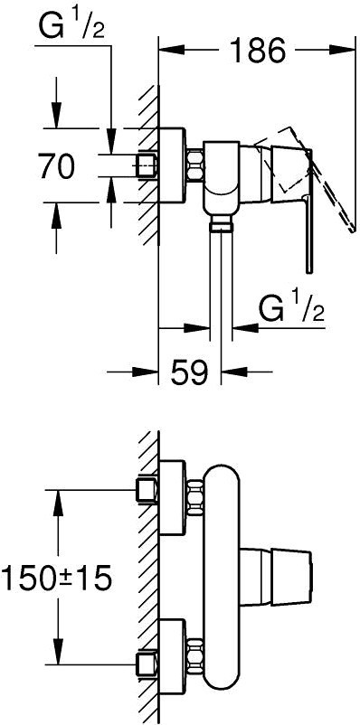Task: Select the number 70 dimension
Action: click(x=56, y=166)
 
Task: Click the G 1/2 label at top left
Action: click(x=71, y=28)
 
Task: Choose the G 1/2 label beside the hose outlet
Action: click(x=291, y=311)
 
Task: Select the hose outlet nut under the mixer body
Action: click(x=221, y=226)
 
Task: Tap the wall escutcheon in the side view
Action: click(x=172, y=165)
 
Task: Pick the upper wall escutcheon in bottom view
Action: click(x=172, y=497)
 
